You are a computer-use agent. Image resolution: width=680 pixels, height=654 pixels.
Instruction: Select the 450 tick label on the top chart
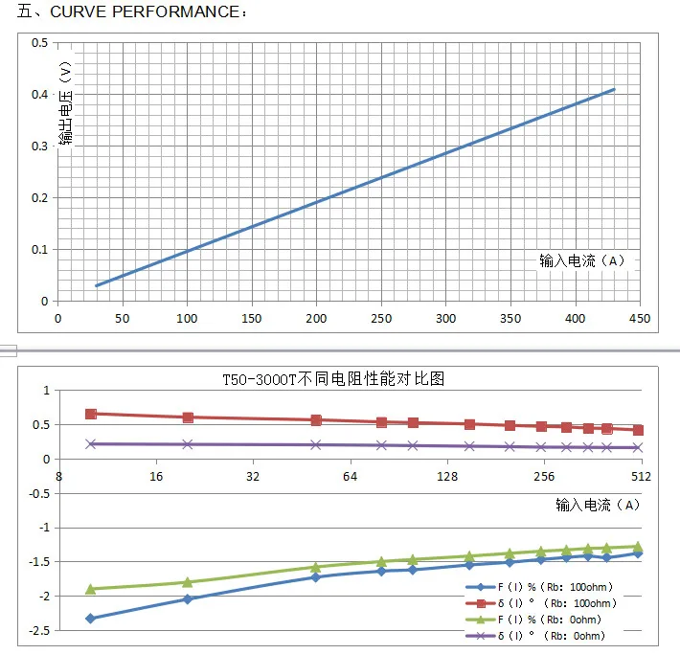pos(639,319)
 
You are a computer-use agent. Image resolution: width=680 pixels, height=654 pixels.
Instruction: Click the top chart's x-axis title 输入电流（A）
pos(582,260)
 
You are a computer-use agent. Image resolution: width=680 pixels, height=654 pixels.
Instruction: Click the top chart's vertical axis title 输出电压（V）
pos(64,105)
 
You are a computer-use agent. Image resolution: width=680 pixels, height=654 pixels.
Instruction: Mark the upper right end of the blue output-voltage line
pos(614,89)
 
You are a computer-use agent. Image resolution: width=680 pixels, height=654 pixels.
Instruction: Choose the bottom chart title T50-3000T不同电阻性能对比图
pos(333,378)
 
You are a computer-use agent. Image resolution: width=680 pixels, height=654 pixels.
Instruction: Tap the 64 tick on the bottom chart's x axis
pos(350,476)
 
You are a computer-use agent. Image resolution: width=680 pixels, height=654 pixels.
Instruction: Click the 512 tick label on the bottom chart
pos(640,476)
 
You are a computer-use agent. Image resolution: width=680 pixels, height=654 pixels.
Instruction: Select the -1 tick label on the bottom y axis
pos(40,528)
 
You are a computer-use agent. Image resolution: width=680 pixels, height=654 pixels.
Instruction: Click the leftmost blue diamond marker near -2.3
pos(91,619)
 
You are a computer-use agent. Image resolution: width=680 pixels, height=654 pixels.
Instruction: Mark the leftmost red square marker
pos(91,414)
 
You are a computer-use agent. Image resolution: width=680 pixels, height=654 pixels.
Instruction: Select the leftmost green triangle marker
pos(91,588)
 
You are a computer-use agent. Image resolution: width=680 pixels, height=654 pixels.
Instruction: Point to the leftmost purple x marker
pos(91,443)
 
